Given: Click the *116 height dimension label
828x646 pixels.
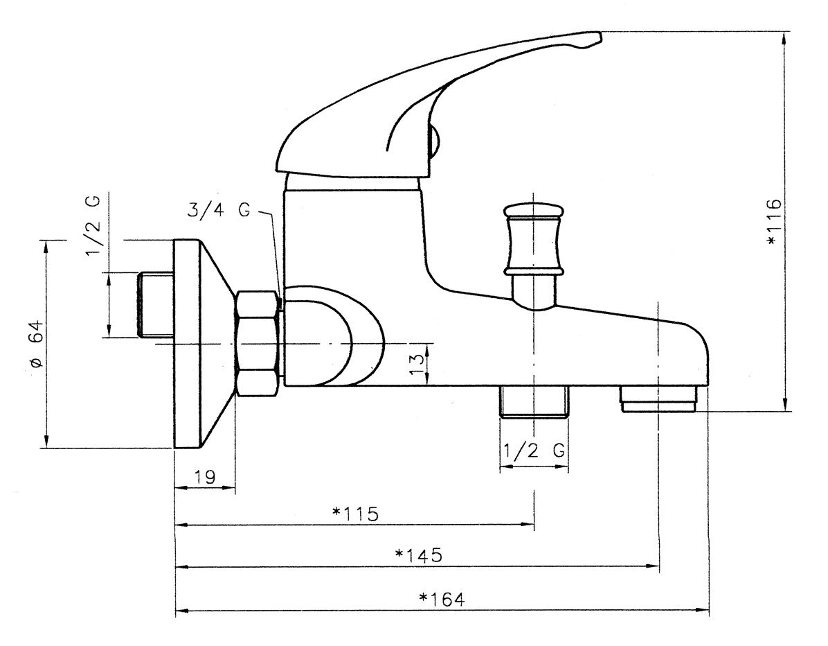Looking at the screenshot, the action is click(773, 222).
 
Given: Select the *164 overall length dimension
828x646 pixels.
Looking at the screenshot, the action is click(442, 600).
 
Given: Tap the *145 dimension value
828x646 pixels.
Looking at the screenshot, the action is click(418, 555).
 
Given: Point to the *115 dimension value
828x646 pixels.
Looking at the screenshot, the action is click(355, 514).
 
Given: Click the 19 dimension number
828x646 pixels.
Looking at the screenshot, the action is click(204, 477).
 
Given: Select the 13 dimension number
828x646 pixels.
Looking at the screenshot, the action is click(417, 364).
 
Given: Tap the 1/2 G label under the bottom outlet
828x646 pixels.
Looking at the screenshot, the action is click(534, 451).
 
